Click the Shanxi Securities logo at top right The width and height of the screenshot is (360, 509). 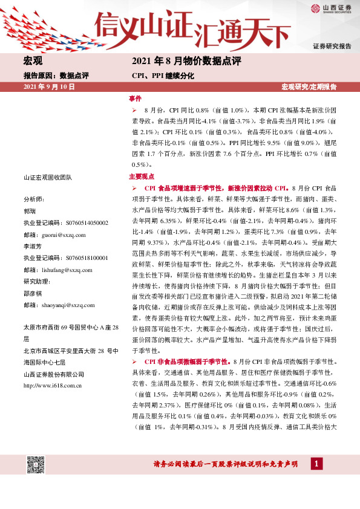[331, 8]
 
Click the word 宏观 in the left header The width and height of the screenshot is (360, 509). [32, 61]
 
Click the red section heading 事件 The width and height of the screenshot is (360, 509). [135, 98]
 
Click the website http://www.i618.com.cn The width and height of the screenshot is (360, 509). [53, 368]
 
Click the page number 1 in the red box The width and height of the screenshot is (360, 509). [315, 464]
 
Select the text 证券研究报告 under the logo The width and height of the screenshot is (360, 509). [332, 46]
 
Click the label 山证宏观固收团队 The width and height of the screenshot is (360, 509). [48, 177]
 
